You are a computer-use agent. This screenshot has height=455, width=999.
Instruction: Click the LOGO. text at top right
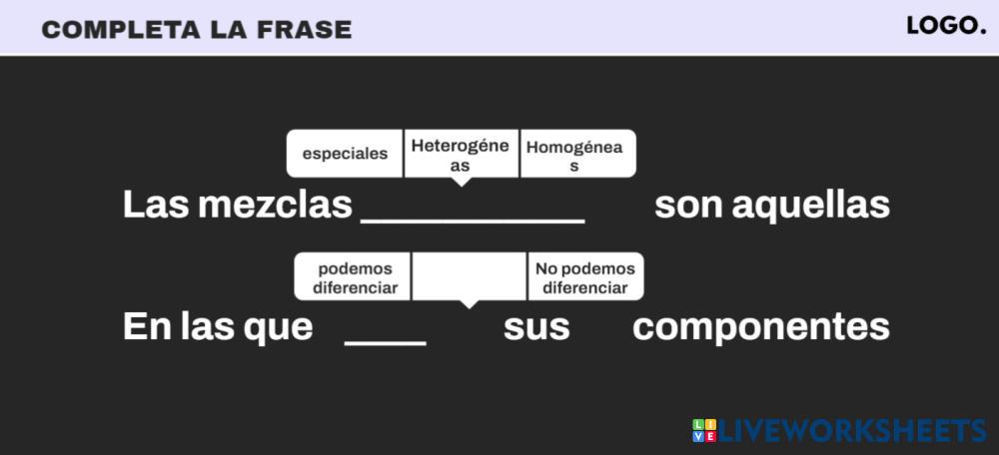tap(946, 27)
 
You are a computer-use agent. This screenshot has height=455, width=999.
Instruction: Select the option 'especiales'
tap(345, 154)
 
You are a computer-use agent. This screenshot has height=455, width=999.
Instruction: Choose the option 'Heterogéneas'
tap(461, 155)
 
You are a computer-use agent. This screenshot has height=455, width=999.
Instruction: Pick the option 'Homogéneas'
tap(575, 155)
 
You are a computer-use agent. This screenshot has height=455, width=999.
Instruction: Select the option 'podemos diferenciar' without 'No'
tap(354, 277)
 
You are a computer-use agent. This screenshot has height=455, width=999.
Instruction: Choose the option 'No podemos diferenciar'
tap(585, 277)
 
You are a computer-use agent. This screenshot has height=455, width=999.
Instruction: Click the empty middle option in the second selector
tap(469, 276)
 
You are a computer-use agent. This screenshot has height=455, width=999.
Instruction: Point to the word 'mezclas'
tap(276, 206)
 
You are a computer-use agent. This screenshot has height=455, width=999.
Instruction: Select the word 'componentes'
tap(760, 327)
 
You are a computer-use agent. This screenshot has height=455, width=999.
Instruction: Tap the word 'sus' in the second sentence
tap(536, 327)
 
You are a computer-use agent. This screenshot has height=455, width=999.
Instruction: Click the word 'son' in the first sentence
tap(688, 206)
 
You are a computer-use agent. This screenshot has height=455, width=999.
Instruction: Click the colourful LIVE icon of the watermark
tap(704, 431)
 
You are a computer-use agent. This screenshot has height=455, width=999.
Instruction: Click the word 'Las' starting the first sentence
tap(155, 206)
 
